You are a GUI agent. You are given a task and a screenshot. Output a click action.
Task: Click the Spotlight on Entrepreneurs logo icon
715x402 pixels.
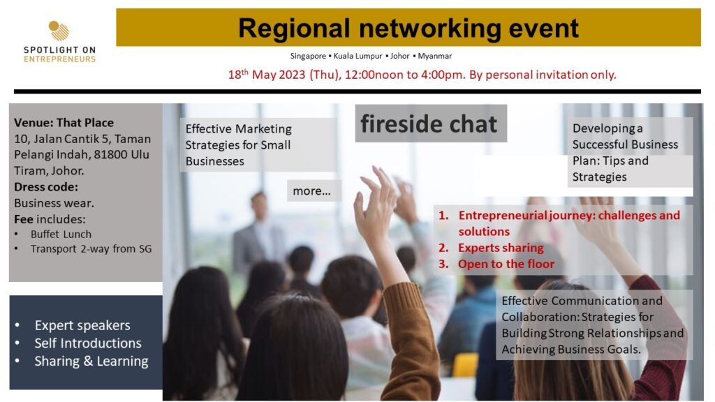point(59,31)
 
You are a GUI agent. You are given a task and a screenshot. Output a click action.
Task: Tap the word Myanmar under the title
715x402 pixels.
point(434,56)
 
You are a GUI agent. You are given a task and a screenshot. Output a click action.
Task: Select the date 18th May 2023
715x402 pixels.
point(266,74)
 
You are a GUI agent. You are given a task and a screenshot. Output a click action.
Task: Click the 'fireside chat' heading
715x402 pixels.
point(429,124)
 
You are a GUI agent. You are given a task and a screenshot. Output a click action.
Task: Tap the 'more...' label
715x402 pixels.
point(312,191)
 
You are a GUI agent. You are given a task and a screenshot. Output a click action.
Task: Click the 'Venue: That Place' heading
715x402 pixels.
point(64,123)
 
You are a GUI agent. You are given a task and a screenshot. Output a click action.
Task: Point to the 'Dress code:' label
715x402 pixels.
point(46,187)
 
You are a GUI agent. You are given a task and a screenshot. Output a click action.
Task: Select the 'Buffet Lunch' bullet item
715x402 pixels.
point(61,234)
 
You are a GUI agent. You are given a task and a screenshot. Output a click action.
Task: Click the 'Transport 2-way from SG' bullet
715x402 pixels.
point(91,249)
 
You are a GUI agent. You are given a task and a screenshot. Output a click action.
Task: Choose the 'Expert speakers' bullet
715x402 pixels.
point(82,325)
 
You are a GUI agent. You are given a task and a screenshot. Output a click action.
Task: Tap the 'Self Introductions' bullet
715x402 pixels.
point(88,343)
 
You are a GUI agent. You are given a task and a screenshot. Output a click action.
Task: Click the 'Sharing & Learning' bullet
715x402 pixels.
point(91,361)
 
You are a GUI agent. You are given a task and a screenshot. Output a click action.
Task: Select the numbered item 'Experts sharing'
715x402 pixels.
point(501,248)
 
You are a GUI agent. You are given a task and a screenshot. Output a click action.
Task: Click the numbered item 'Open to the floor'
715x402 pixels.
point(506,264)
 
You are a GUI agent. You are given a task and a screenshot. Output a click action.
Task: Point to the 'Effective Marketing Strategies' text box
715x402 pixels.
point(258,145)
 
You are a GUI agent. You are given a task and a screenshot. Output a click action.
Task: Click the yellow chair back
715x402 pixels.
point(465,364)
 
